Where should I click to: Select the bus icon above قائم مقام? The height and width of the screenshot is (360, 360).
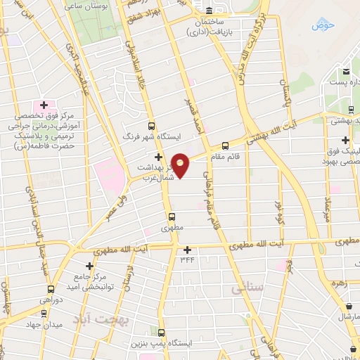pos(245,146)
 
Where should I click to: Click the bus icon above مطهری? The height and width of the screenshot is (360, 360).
pos(171,217)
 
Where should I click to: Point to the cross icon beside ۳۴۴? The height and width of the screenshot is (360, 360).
pos(187,250)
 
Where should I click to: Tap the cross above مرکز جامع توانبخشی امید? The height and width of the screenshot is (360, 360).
pos(89,266)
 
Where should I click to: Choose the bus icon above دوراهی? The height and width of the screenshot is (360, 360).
pos(50,289)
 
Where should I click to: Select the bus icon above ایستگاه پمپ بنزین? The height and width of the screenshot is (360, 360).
pos(162,333)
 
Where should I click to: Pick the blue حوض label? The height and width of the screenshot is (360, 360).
pos(323,26)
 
